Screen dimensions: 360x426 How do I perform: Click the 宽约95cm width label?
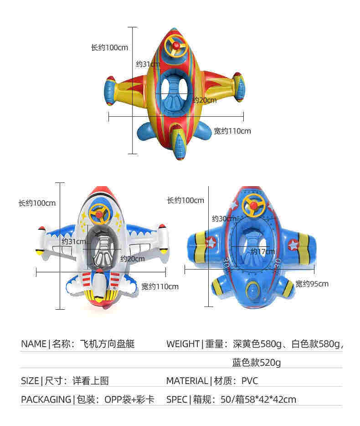[x=312, y=284]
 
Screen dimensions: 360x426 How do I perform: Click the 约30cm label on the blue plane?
[x=224, y=218]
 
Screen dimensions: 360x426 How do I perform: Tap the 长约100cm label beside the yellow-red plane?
[x=109, y=47]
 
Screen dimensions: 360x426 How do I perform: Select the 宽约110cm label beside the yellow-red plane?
[x=232, y=131]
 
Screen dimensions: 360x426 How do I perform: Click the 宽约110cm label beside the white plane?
[x=159, y=286]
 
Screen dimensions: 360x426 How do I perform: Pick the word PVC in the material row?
[x=250, y=381]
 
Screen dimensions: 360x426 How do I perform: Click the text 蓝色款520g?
[x=256, y=363]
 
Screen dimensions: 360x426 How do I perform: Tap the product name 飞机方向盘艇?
[x=107, y=344]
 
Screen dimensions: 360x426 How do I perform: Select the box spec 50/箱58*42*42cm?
[x=258, y=400]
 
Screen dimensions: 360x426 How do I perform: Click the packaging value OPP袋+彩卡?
[x=129, y=400]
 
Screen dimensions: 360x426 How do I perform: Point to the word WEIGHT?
[x=183, y=344]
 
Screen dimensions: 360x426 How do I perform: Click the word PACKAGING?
[x=46, y=400]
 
